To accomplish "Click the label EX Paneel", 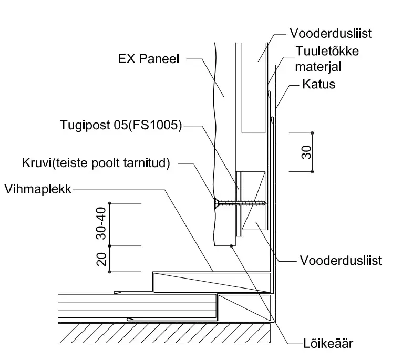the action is (148, 59).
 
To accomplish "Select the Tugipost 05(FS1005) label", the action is (121, 125).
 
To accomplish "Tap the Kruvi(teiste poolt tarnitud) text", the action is (96, 163).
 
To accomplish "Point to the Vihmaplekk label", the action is (38, 189).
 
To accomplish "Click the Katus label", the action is (318, 84).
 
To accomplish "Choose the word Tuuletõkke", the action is (327, 51).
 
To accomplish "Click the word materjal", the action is (318, 67).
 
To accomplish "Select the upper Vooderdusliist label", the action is (331, 33).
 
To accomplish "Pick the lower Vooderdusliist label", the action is (341, 261).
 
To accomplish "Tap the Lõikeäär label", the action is (328, 343).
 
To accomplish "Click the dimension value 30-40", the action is (101, 223).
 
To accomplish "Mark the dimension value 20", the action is (101, 259).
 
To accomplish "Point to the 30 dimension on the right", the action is (306, 152).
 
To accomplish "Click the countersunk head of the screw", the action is (217, 203).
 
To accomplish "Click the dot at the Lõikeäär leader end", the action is (231, 246).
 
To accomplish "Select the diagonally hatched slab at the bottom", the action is (164, 333).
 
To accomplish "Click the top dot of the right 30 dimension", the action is (312, 133).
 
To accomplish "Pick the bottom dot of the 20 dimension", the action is (109, 272).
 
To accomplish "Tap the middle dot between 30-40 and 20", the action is (109, 246).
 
